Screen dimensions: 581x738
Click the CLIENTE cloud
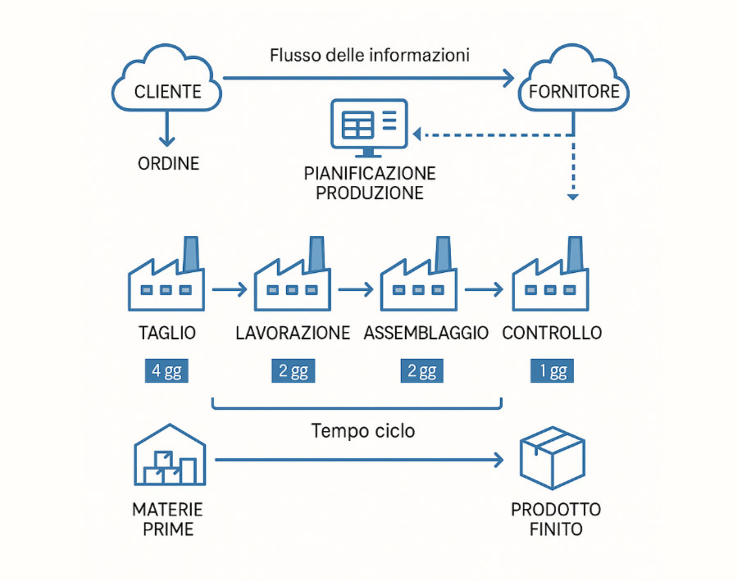168,83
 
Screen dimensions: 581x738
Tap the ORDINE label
168,163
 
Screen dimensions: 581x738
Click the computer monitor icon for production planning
367,127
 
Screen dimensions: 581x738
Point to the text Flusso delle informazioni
369,56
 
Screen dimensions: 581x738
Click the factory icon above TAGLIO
166,277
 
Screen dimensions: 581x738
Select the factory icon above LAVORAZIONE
292,277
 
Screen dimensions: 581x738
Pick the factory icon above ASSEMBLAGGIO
418,277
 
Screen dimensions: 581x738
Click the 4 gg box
166,371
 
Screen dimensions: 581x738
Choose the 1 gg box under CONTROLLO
552,371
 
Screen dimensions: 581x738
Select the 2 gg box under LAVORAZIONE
293,371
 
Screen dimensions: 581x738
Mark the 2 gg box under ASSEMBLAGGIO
421,371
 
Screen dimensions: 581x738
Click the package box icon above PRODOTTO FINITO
552,459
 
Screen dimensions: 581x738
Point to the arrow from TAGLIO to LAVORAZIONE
229,289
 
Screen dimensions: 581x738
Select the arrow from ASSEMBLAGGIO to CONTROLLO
483,289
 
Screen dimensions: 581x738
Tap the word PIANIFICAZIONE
369,175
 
